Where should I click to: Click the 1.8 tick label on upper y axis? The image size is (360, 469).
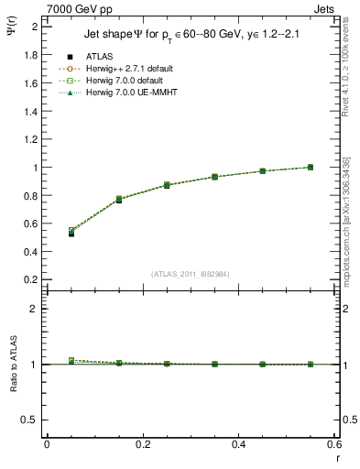[31, 55]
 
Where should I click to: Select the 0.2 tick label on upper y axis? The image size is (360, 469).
[31, 279]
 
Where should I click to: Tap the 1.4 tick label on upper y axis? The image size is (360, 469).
[31, 111]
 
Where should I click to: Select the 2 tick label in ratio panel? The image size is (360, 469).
[35, 309]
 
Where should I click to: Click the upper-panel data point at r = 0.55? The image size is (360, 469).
[311, 167]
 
